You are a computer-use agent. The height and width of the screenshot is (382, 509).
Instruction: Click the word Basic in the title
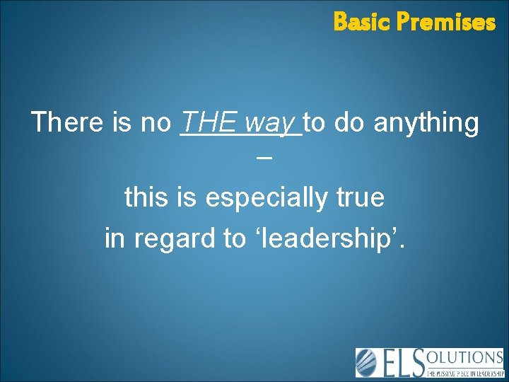361,22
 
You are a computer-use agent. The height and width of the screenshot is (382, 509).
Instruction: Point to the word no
156,123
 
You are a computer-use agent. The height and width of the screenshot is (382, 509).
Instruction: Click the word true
361,197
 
